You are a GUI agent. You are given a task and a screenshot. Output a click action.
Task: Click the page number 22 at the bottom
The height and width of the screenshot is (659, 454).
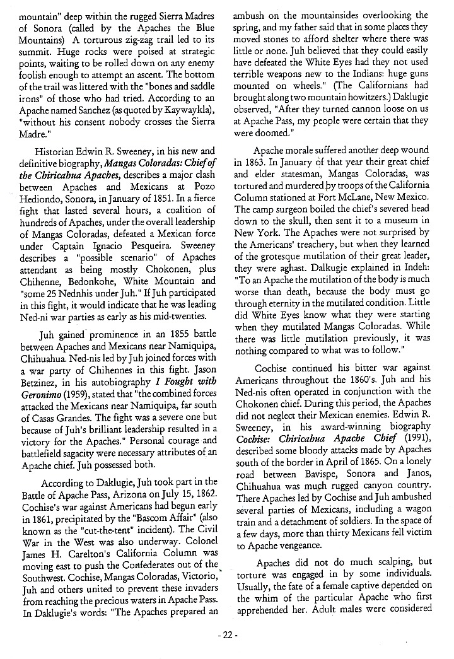pos(227,635)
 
